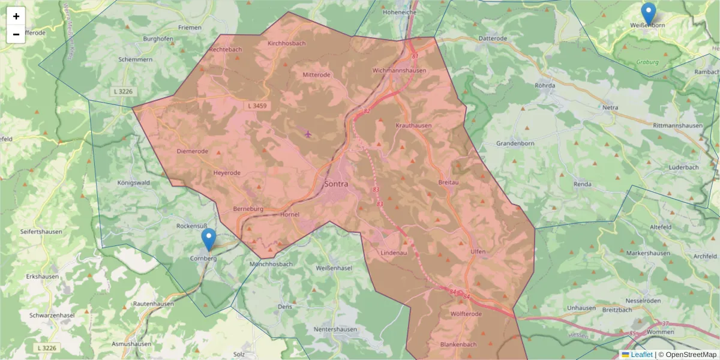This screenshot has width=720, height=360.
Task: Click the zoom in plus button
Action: (16, 16)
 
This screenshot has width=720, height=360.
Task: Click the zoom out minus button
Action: (16, 34)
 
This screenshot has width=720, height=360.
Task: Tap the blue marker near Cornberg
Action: (209, 239)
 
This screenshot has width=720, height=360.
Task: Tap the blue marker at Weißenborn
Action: (649, 14)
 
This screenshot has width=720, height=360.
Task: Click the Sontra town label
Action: (336, 184)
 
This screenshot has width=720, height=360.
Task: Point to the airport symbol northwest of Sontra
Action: (308, 133)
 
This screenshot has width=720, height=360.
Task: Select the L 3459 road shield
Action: (256, 106)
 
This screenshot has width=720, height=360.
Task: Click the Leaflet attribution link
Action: (641, 355)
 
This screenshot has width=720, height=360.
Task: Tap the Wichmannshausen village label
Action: (399, 70)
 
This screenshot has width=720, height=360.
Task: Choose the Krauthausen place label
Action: (414, 125)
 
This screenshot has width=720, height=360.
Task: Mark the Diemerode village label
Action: (193, 151)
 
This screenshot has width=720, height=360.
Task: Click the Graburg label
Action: (648, 62)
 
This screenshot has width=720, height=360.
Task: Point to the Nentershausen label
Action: (335, 329)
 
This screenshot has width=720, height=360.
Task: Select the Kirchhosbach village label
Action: (287, 43)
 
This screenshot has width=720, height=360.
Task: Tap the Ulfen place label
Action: (478, 251)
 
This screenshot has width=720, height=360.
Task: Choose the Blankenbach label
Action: (458, 344)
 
